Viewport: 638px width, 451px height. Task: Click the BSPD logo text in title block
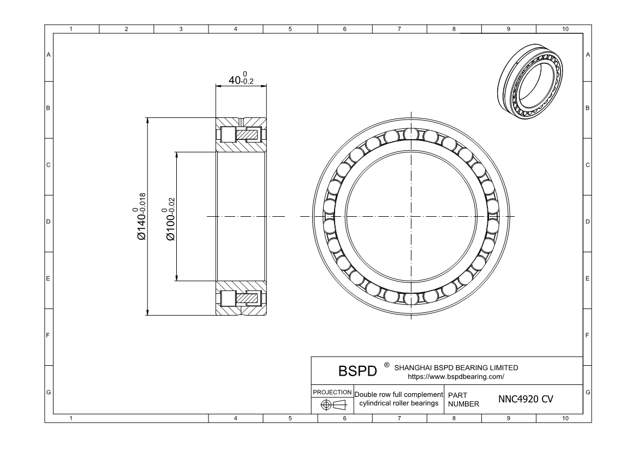pos(358,371)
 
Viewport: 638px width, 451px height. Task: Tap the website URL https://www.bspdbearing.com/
pos(456,376)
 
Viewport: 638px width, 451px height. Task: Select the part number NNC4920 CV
pos(526,399)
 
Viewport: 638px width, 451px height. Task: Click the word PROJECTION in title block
pos(332,393)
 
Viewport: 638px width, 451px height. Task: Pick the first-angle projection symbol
pos(332,405)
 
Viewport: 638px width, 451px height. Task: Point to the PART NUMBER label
pos(463,399)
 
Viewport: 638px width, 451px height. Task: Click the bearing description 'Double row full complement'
pos(398,395)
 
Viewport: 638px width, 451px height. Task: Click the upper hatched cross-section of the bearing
pos(241,135)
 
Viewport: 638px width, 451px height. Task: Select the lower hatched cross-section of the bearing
pos(241,298)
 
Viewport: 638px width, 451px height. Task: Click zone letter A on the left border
pos(49,55)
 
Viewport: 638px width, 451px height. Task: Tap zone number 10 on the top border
pos(564,29)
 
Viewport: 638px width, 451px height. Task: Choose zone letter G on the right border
pos(587,393)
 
